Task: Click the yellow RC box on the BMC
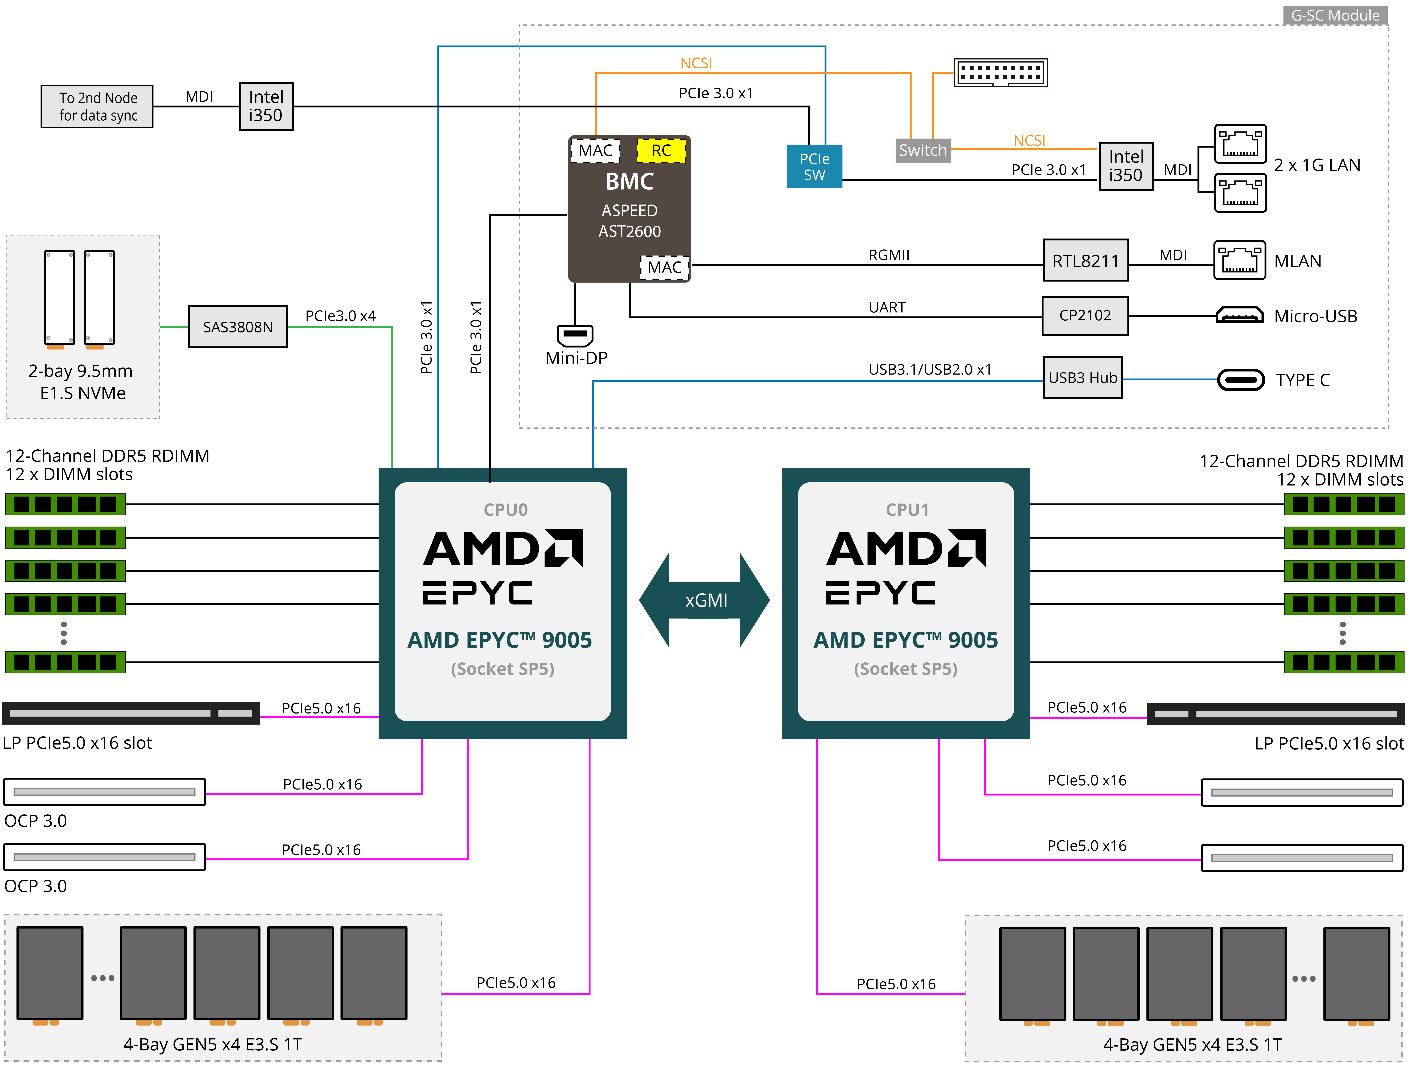[661, 151]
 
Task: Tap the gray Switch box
[922, 151]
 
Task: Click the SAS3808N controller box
[238, 327]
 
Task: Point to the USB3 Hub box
[1083, 378]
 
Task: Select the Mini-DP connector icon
[575, 334]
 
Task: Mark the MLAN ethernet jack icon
[1239, 260]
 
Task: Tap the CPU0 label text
[505, 510]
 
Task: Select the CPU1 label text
[907, 510]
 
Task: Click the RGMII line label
[888, 255]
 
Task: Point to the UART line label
[887, 308]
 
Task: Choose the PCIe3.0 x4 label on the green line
[340, 316]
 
